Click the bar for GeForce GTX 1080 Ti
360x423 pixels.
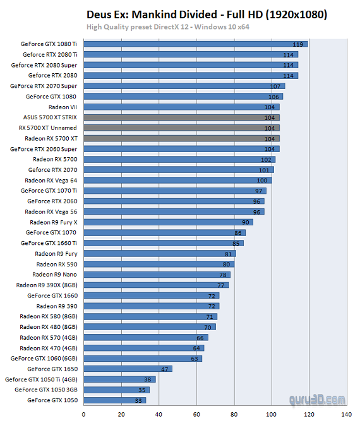[195, 44]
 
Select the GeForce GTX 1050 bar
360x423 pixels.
[114, 400]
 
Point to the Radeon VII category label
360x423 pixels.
[63, 107]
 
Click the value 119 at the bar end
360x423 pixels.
[298, 44]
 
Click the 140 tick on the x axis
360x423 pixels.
[345, 415]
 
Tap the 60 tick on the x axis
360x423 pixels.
[196, 415]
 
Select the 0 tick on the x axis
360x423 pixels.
[83, 415]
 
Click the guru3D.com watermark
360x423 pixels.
[318, 399]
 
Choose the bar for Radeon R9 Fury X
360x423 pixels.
[168, 222]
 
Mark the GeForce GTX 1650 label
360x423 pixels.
[52, 369]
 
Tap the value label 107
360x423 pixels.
[275, 86]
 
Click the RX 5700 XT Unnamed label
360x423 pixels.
[49, 128]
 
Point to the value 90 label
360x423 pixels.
[246, 222]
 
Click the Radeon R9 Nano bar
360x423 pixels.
[157, 275]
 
